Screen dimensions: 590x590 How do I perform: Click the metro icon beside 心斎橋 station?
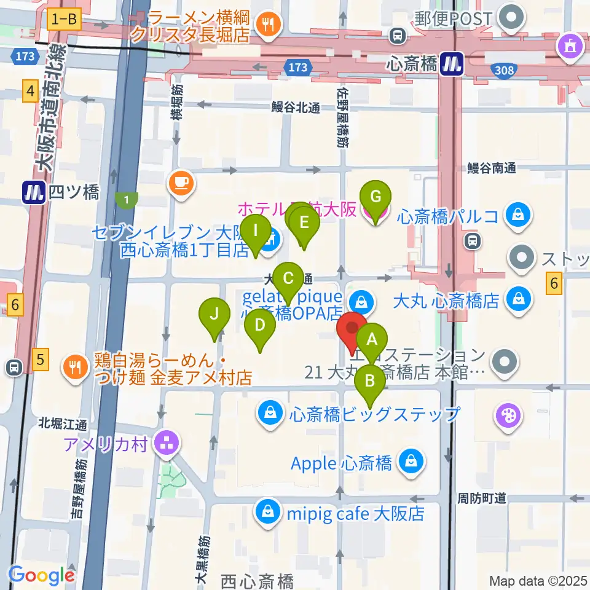tap(452, 63)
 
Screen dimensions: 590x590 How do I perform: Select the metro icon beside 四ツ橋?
tap(31, 192)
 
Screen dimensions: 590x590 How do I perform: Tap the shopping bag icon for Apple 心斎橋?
tap(409, 462)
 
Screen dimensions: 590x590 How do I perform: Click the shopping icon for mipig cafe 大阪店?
tap(269, 512)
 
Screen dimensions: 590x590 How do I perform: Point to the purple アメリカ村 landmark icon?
tap(166, 443)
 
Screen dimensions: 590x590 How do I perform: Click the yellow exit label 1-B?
tap(64, 20)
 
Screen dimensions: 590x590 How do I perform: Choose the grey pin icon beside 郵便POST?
tap(509, 18)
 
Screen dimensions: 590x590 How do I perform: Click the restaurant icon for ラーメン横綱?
tap(267, 24)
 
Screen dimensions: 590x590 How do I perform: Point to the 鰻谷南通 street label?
tap(489, 167)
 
